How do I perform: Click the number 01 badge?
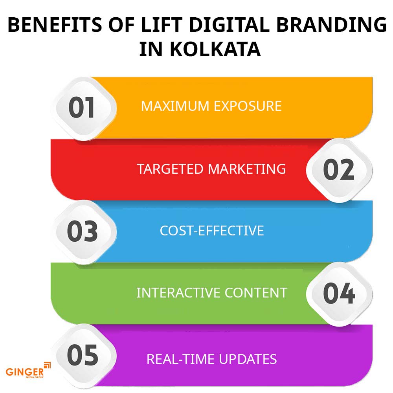[82, 108]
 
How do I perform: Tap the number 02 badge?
[338, 170]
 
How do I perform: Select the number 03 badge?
[82, 232]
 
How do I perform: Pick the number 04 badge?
[338, 293]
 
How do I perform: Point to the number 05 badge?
[82, 355]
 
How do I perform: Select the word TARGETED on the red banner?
[170, 169]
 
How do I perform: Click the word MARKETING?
[247, 169]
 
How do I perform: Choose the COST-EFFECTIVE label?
[211, 230]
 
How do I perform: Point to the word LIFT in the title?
[169, 26]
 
